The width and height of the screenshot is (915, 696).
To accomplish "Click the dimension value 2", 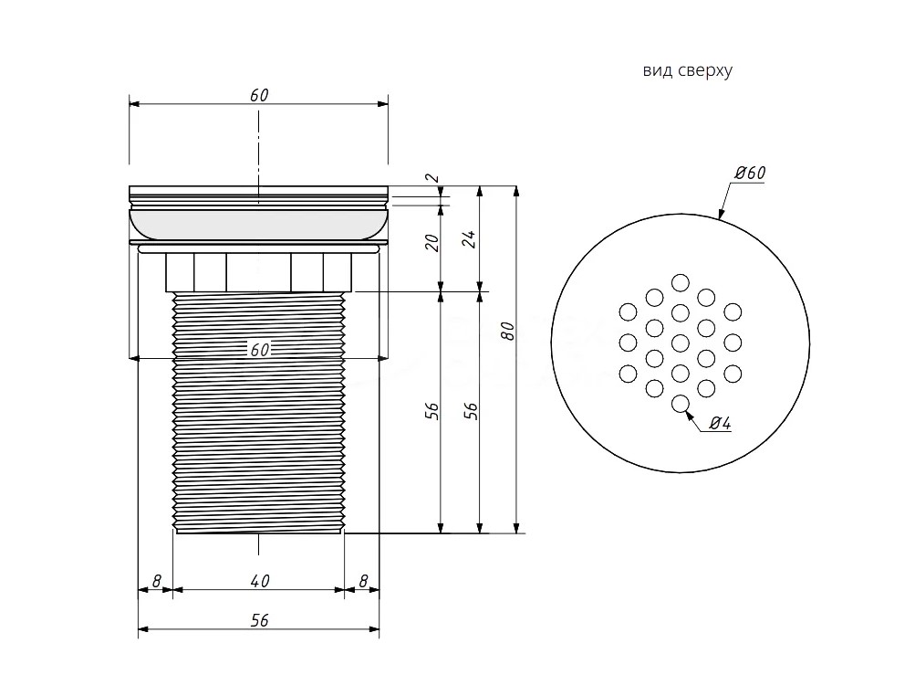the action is coord(433,177).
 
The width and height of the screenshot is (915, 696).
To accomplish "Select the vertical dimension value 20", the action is coord(432,243).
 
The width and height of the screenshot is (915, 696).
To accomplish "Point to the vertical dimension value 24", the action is coord(471,239).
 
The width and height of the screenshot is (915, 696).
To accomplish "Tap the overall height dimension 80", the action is coord(508,332).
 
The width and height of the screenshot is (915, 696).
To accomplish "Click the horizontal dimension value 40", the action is coord(260,581).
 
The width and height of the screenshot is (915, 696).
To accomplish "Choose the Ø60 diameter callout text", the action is coord(750,173).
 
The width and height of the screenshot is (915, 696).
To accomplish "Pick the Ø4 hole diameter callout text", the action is coord(721,423).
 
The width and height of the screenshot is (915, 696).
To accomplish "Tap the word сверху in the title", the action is coord(705,71).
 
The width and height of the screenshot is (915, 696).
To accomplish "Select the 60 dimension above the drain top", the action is coord(259,95).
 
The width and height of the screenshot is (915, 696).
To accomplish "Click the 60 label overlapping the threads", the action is coord(260,350).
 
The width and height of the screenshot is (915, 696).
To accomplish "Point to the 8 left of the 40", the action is coord(156,581).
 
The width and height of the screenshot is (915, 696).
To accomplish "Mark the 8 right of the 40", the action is coord(364,581).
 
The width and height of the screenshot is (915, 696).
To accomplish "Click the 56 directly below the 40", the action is coord(260,620).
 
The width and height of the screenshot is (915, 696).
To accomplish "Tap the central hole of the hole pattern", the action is coord(680,343).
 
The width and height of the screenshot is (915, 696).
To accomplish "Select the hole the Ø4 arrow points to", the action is coord(680,403).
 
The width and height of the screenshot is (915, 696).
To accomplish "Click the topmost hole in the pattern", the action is coord(680,282).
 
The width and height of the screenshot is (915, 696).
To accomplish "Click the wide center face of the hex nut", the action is coord(258,272).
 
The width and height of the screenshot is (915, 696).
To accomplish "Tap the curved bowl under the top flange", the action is coord(258,225).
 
